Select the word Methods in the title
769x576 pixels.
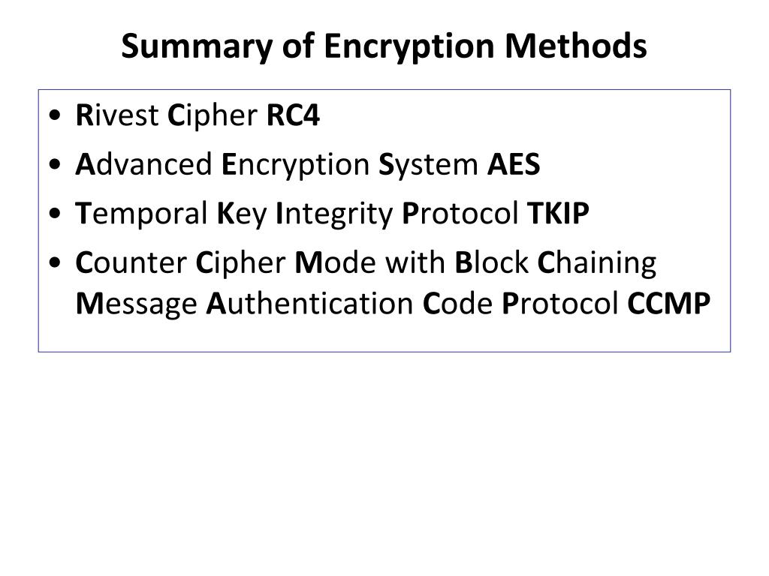coord(575,47)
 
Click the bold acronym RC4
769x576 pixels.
coord(294,116)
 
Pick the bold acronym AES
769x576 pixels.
coord(514,165)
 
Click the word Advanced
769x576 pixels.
coord(144,165)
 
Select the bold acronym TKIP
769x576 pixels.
coord(558,214)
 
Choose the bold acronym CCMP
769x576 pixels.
coord(669,304)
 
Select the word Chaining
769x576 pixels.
coord(598,263)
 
